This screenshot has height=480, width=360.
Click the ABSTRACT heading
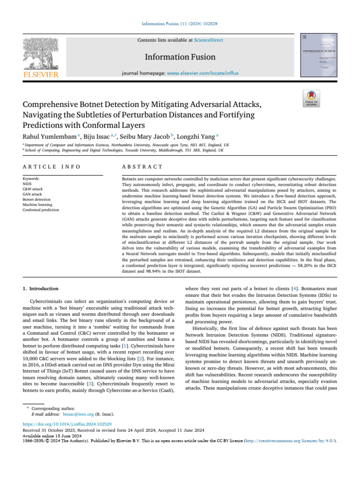(x=142, y=167)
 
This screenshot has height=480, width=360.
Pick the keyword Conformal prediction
(x=41, y=210)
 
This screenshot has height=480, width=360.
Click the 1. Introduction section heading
(x=41, y=289)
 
